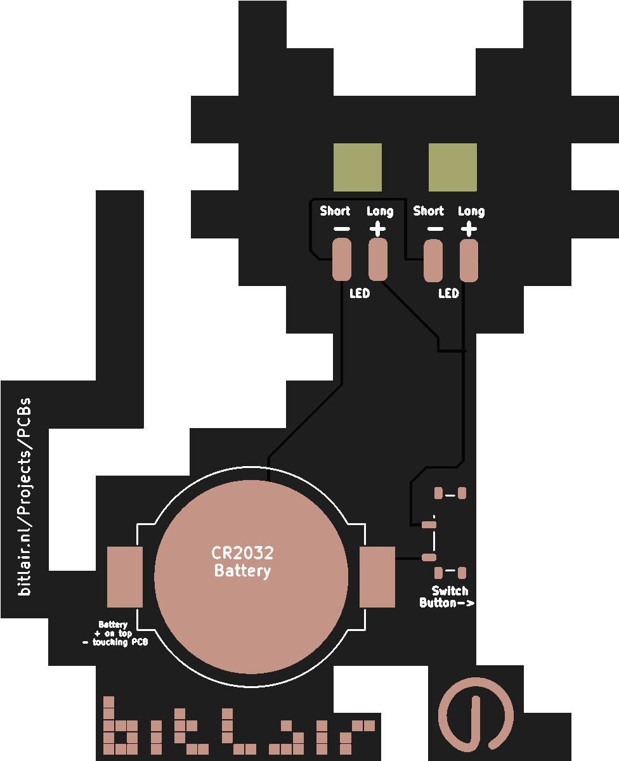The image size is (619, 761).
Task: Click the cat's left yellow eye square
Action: pyautogui.click(x=358, y=167)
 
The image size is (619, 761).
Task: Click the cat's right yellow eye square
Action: pyautogui.click(x=453, y=167)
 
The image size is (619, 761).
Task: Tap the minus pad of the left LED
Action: pyautogui.click(x=342, y=259)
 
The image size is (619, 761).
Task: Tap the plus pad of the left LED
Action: pyautogui.click(x=379, y=259)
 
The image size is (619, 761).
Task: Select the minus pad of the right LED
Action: pyautogui.click(x=434, y=261)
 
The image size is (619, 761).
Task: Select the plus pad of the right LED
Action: pyautogui.click(x=469, y=260)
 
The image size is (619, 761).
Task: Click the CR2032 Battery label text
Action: pyautogui.click(x=242, y=562)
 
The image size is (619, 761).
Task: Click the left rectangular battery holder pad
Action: pyautogui.click(x=125, y=576)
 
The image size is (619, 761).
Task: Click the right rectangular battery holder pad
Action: pyautogui.click(x=377, y=576)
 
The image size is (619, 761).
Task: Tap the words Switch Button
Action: pyautogui.click(x=447, y=597)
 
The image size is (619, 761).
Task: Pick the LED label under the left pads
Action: pyautogui.click(x=360, y=294)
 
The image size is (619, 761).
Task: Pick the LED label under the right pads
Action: pyautogui.click(x=448, y=294)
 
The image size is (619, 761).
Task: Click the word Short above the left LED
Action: pyautogui.click(x=335, y=211)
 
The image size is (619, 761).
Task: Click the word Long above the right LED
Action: pyautogui.click(x=471, y=211)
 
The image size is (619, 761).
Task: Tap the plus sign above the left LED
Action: pyautogui.click(x=378, y=228)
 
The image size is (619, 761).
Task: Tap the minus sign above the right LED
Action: pyautogui.click(x=435, y=229)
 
